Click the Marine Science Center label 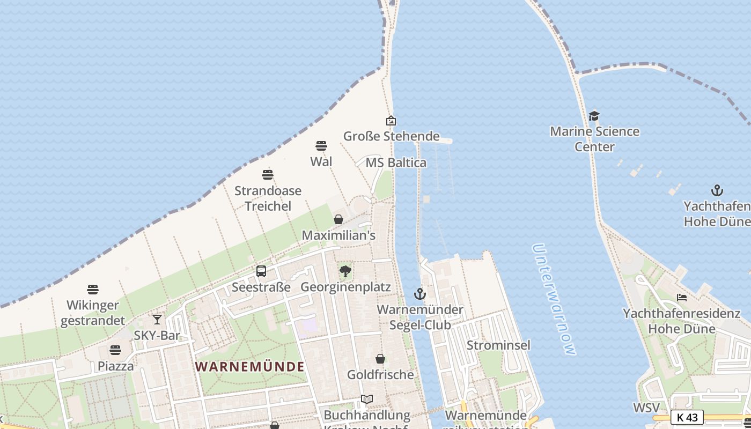(x=594, y=139)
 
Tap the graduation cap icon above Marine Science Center (x=594, y=116)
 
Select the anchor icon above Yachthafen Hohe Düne (x=717, y=190)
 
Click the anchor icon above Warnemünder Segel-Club (x=419, y=294)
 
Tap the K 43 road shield (x=687, y=417)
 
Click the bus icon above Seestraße (x=261, y=271)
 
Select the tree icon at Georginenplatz (x=345, y=271)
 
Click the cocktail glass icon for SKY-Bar (x=157, y=320)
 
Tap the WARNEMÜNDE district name (x=249, y=367)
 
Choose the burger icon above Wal (x=321, y=146)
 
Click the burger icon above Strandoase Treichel (x=268, y=175)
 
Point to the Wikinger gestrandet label (x=93, y=313)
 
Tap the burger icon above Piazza (x=115, y=351)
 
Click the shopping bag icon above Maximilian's (x=338, y=219)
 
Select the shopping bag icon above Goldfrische (x=380, y=359)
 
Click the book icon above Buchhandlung (x=367, y=400)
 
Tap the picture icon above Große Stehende (x=391, y=121)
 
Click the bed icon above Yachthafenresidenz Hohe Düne (x=682, y=298)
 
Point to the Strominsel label (x=498, y=345)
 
